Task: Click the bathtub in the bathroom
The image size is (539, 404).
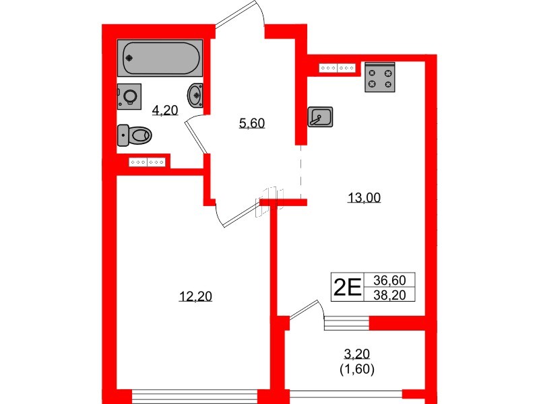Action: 160,59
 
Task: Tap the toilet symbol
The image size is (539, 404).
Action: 134,135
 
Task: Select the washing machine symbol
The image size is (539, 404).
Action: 128,96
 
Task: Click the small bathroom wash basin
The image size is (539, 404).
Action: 195,94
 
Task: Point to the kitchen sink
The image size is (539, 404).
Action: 320,116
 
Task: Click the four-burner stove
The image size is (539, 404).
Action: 379,77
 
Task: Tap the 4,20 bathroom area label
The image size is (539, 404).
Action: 164,110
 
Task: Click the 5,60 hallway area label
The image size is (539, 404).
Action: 252,123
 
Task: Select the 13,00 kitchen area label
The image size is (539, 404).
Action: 364,197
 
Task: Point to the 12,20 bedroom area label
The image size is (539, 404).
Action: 195,296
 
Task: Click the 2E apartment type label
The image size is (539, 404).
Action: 348,288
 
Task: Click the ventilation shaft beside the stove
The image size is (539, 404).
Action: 338,68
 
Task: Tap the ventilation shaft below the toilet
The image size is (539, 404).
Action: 148,162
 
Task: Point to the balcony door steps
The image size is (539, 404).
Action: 347,325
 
